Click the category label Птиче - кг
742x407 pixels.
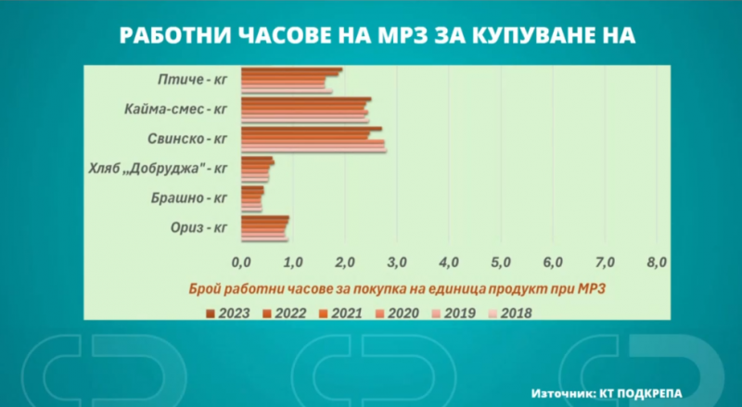(193, 79)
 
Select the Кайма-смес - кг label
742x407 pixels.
(176, 108)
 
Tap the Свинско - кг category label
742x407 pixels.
(187, 139)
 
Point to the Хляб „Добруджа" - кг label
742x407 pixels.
(158, 168)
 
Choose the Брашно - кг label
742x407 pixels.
(189, 197)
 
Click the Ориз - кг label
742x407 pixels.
(198, 228)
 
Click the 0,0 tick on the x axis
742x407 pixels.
(241, 262)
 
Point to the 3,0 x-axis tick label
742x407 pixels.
(397, 262)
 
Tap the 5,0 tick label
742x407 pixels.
(501, 262)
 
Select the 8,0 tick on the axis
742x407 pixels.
(657, 262)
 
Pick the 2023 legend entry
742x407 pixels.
(228, 313)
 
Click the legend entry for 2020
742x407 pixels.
(398, 313)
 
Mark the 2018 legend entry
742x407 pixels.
(511, 313)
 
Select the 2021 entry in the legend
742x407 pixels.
(341, 313)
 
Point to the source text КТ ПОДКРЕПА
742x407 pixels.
(641, 393)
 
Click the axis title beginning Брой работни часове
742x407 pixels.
(397, 288)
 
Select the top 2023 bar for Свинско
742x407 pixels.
(312, 129)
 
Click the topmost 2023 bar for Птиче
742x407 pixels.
(291, 70)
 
